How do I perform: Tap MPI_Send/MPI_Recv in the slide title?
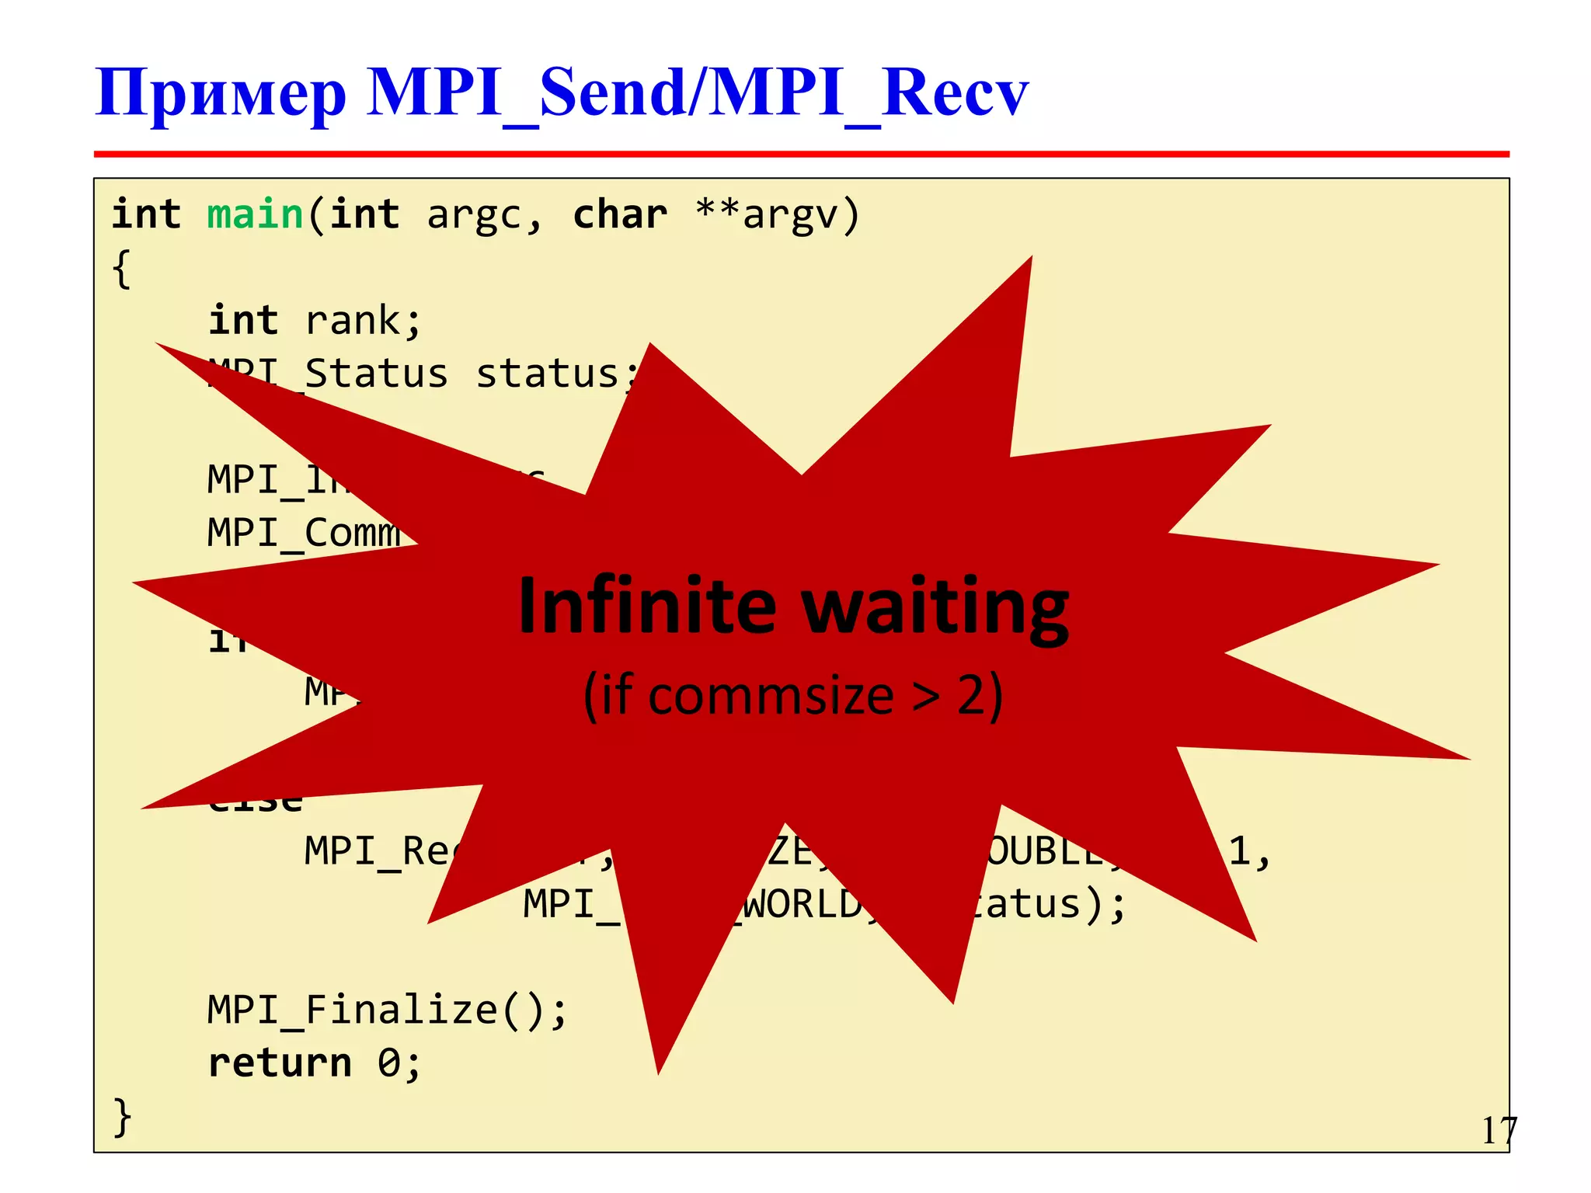point(698,93)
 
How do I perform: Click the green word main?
point(255,214)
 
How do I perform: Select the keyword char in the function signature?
point(620,214)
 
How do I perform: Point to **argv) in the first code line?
point(778,214)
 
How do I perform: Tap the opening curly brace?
point(121,269)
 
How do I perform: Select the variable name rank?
point(363,321)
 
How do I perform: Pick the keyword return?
point(280,1063)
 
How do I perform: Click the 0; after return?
point(399,1063)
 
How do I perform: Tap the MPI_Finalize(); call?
point(387,1010)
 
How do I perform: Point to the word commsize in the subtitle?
point(771,695)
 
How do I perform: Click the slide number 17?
point(1499,1131)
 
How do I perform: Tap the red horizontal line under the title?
point(800,155)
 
